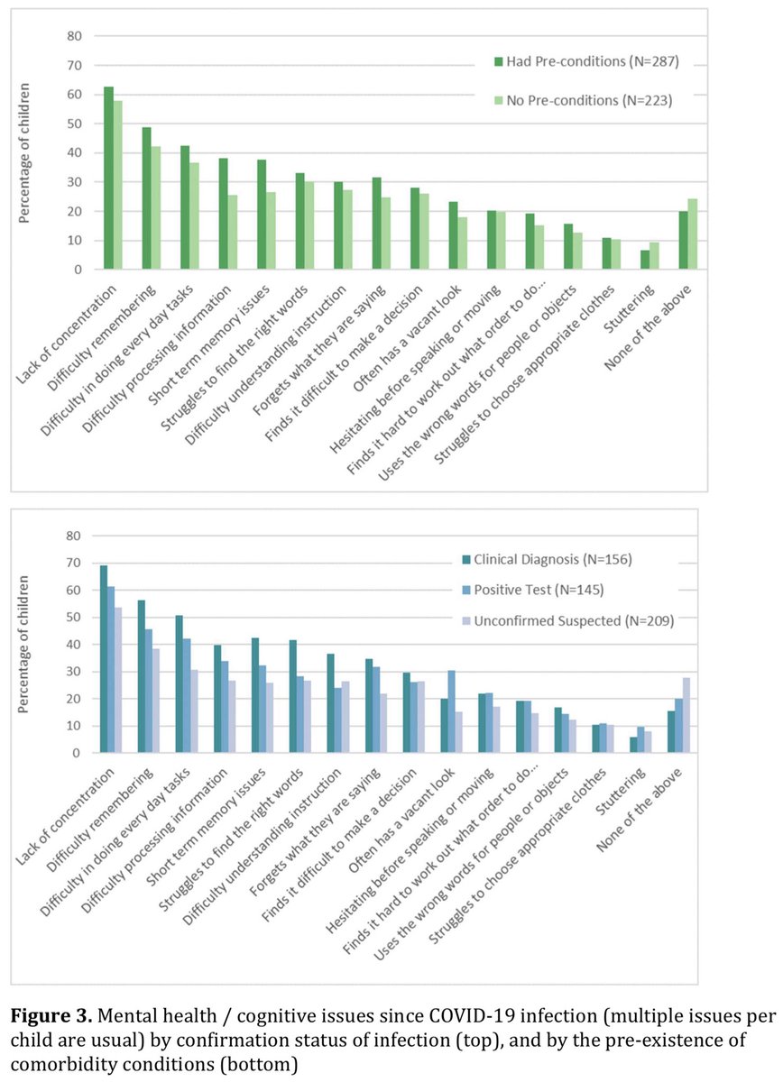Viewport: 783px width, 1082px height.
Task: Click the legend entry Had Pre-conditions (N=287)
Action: pyautogui.click(x=585, y=61)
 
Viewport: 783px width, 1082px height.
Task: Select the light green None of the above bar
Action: pyautogui.click(x=694, y=234)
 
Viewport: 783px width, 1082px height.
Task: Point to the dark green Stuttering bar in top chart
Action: pyautogui.click(x=645, y=260)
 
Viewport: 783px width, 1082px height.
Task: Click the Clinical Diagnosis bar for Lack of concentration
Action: pyautogui.click(x=103, y=659)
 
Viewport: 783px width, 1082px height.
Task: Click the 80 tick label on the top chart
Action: pyautogui.click(x=73, y=36)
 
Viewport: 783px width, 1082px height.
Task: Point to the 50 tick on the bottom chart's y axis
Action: pyautogui.click(x=73, y=618)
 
